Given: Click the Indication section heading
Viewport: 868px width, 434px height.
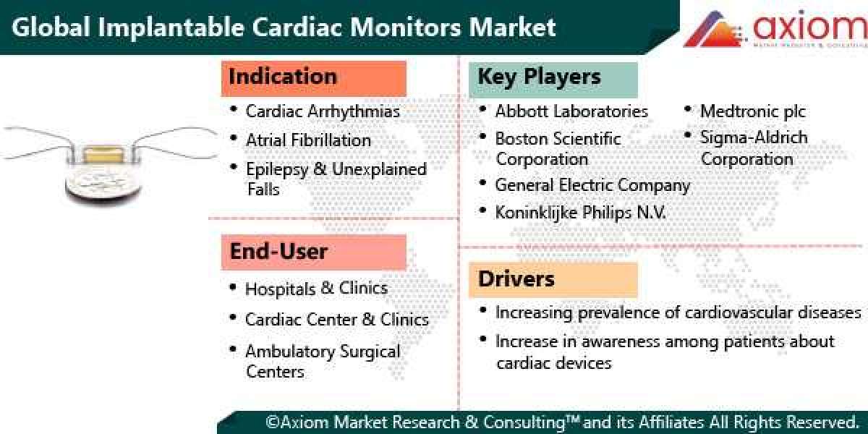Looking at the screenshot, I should point(283,77).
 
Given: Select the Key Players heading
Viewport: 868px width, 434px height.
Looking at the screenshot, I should point(540,77).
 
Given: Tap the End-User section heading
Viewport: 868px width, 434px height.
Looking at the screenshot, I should point(279,252).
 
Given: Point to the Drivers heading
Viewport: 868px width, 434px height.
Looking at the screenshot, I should point(516,278).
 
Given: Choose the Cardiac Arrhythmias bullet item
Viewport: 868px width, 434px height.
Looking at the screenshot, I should point(323,111).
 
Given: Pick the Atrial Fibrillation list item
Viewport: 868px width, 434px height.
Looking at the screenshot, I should point(308,140).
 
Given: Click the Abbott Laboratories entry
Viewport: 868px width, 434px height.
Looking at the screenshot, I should point(571,111).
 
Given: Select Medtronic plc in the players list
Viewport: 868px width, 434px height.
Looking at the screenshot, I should point(752,111).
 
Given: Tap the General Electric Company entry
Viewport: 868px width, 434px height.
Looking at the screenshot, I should point(592,185).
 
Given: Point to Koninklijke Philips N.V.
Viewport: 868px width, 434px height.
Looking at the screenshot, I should point(580,213).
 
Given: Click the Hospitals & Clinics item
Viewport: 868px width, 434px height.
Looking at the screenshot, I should point(316,289).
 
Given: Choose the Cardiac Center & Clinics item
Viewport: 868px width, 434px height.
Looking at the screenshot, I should point(336,320).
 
